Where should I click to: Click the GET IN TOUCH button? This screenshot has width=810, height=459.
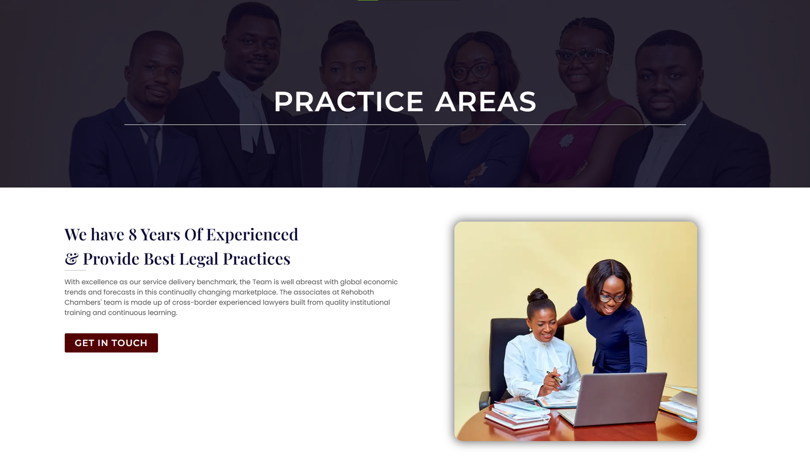(111, 343)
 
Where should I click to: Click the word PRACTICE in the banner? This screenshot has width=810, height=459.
(349, 102)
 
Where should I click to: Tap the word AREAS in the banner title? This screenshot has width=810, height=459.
(485, 102)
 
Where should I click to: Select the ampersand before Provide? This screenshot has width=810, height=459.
(71, 258)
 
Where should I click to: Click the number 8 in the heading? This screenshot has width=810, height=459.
(133, 235)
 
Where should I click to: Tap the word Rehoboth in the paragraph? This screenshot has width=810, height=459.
(357, 292)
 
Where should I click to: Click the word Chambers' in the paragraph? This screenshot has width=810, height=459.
(83, 302)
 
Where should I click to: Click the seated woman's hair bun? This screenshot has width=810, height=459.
(537, 295)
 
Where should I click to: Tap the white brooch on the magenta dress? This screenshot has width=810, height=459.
(566, 140)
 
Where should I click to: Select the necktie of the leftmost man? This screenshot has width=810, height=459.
(153, 152)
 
